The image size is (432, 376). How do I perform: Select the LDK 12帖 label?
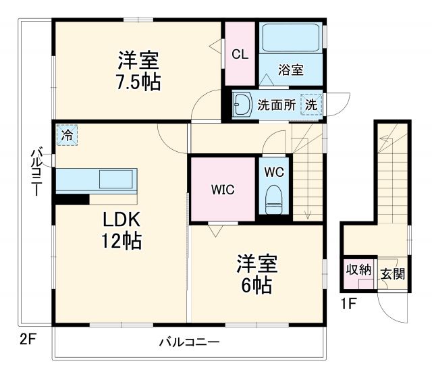pos(122,230)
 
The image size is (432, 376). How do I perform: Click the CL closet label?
pos(239,55)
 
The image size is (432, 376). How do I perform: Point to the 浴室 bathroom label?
pos(291,71)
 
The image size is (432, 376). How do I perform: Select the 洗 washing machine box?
pos(311,105)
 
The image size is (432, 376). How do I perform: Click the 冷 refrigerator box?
pos(67,135)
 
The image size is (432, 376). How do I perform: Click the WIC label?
pos(223,190)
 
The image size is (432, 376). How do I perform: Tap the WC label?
pos(273,171)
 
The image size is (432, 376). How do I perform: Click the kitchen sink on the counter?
pos(116,180)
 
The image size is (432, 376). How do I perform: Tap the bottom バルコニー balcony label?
pos(189,342)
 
